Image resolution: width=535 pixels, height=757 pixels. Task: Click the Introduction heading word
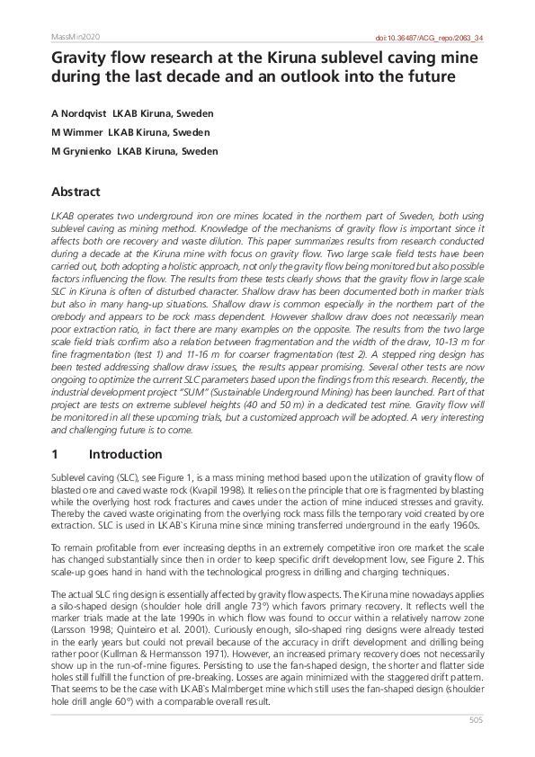[x=126, y=455]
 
